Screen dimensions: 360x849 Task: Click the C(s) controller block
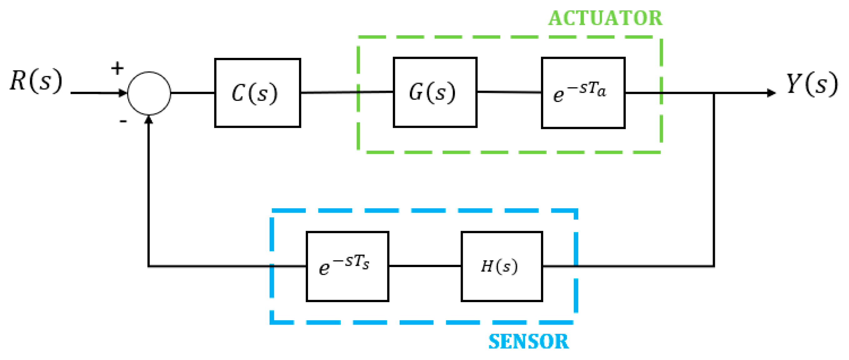pyautogui.click(x=257, y=93)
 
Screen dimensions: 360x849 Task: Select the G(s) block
pyautogui.click(x=435, y=92)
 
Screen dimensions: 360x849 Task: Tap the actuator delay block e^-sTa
pyautogui.click(x=583, y=93)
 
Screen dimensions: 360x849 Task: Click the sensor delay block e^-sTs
pyautogui.click(x=347, y=266)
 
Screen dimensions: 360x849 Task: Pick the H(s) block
pyautogui.click(x=501, y=266)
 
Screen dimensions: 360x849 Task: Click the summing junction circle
pyautogui.click(x=149, y=93)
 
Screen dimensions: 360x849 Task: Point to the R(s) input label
pyautogui.click(x=36, y=81)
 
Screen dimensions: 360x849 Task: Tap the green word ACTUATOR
pyautogui.click(x=605, y=18)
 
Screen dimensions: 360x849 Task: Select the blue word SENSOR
pyautogui.click(x=528, y=341)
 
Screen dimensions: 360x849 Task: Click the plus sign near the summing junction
pyautogui.click(x=117, y=68)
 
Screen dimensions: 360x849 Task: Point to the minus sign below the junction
pyautogui.click(x=123, y=122)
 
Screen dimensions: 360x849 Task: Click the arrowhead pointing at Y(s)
pyautogui.click(x=771, y=93)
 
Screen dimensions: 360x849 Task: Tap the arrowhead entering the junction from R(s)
pyautogui.click(x=123, y=93)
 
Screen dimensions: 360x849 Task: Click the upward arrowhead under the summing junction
pyautogui.click(x=149, y=120)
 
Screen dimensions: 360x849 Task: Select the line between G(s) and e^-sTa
pyautogui.click(x=509, y=92)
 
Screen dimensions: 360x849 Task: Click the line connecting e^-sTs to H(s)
pyautogui.click(x=425, y=266)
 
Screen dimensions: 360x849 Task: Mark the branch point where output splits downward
pyautogui.click(x=714, y=93)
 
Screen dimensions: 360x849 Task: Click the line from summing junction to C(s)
pyautogui.click(x=193, y=93)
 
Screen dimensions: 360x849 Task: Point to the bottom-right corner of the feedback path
pyautogui.click(x=714, y=266)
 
